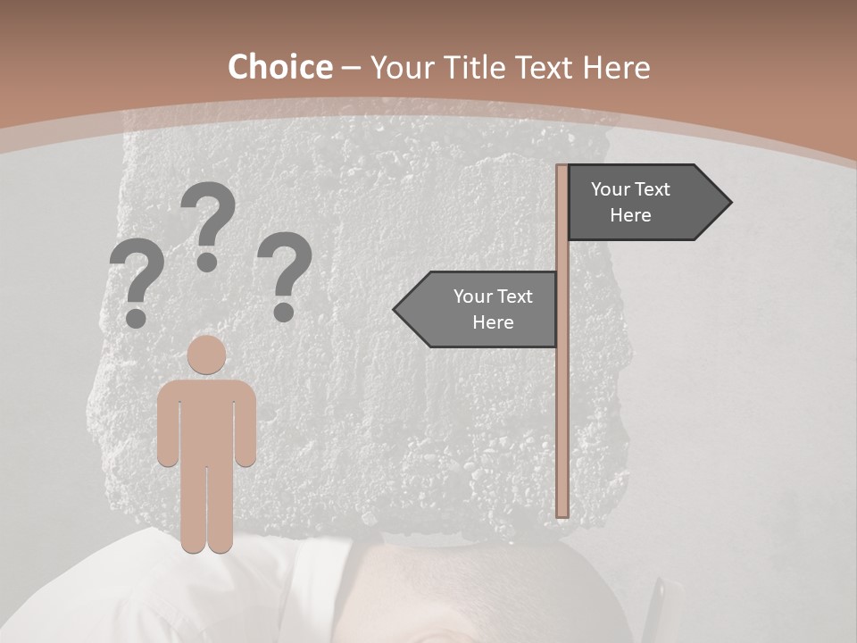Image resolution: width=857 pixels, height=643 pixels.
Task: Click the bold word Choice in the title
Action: coord(279,68)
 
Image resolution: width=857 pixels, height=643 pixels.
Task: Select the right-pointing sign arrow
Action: coord(647,203)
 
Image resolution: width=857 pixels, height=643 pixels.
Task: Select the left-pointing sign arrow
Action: coord(478,309)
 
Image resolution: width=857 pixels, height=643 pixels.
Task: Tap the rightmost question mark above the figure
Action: coord(285,275)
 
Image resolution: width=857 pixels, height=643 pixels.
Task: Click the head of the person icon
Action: coord(207,355)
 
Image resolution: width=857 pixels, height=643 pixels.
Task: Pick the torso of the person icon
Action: coord(207,420)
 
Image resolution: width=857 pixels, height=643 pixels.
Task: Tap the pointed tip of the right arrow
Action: coord(728,203)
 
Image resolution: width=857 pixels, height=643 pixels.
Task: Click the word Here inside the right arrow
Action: coord(630,215)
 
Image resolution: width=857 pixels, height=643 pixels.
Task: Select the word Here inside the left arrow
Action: coord(493,322)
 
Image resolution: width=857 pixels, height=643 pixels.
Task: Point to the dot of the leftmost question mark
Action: coord(136,318)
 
